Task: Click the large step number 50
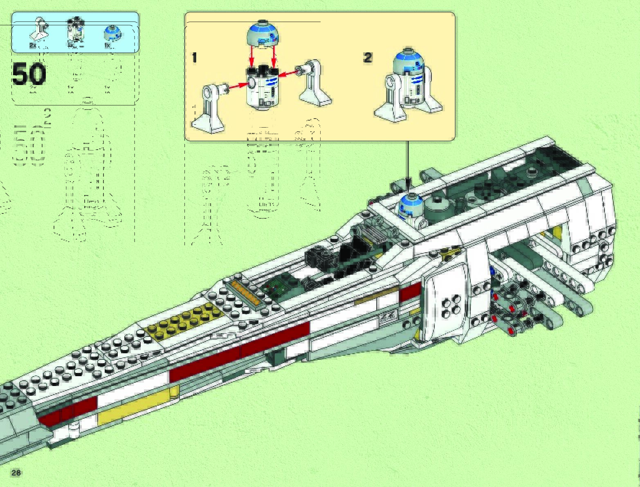coord(29,75)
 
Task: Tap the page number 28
coord(16,473)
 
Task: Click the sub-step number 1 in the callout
coord(194,58)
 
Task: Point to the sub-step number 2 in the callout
coord(368,58)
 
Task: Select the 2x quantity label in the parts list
coord(33,46)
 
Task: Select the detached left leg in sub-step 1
coord(210,108)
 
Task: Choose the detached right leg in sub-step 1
coord(314,83)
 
